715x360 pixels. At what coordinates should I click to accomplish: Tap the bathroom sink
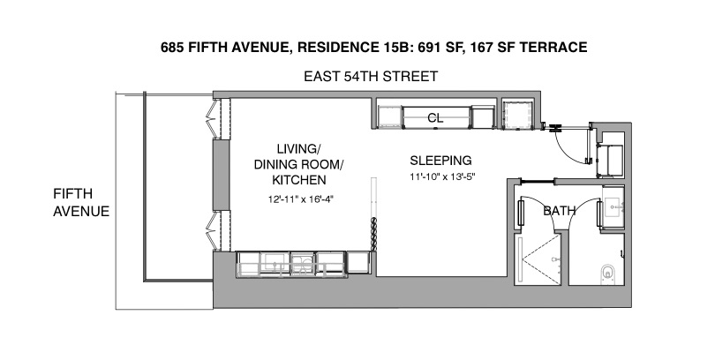point(613,210)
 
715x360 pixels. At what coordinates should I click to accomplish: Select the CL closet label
point(434,117)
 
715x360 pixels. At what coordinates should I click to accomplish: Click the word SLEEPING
point(440,161)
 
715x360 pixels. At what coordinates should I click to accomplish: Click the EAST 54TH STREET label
point(371,78)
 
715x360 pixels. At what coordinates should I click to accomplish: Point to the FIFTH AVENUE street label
point(80,202)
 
